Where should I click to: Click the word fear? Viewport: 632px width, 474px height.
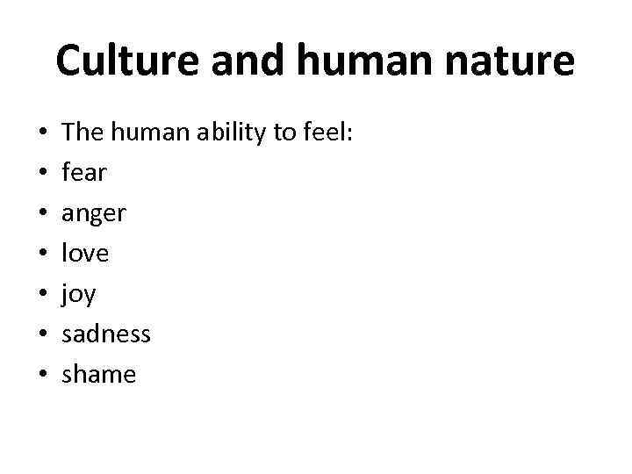click(84, 172)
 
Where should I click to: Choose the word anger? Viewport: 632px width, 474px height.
click(94, 213)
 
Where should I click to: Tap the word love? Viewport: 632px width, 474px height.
click(85, 253)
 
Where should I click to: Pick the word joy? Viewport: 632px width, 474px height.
click(79, 294)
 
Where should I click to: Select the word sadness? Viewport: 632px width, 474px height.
click(106, 334)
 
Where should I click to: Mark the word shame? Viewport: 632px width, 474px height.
click(99, 374)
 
